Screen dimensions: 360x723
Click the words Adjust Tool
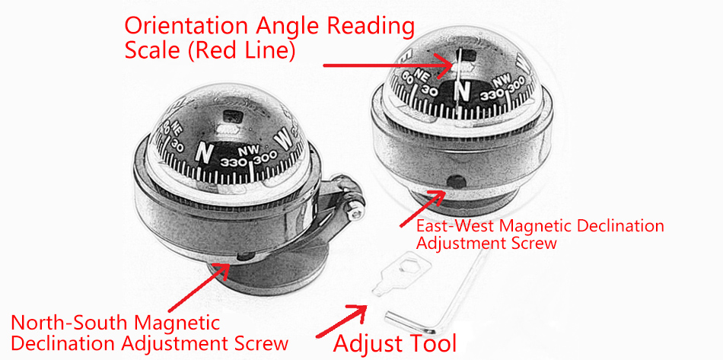click(x=395, y=342)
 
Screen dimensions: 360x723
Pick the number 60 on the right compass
click(x=409, y=76)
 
